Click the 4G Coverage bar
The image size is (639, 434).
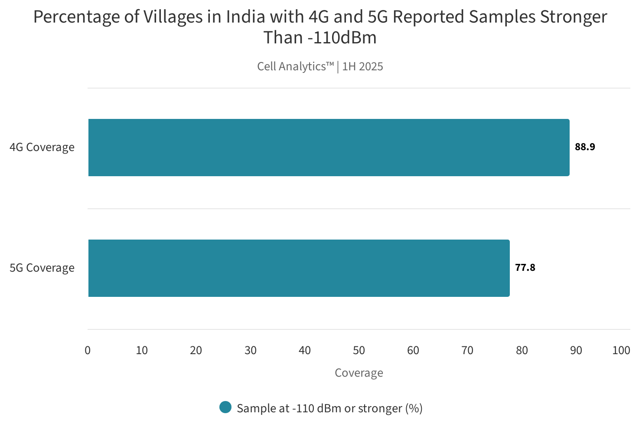[329, 148]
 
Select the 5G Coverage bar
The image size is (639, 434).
[299, 268]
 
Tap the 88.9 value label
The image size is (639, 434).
[585, 147]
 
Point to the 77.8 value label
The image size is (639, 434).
[525, 268]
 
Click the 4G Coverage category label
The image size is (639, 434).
[42, 148]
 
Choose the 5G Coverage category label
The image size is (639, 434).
[42, 268]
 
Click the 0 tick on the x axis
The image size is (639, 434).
[88, 351]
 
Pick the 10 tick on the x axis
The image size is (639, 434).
[142, 351]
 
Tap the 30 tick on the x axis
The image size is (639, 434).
[251, 351]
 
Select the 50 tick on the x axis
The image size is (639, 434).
[359, 351]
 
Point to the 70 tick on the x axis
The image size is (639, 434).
[467, 351]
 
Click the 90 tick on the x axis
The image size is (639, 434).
[576, 351]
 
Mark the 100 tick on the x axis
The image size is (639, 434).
[621, 351]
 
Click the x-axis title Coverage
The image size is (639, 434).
[359, 373]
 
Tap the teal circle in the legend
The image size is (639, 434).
[225, 408]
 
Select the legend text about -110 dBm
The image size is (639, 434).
[329, 408]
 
